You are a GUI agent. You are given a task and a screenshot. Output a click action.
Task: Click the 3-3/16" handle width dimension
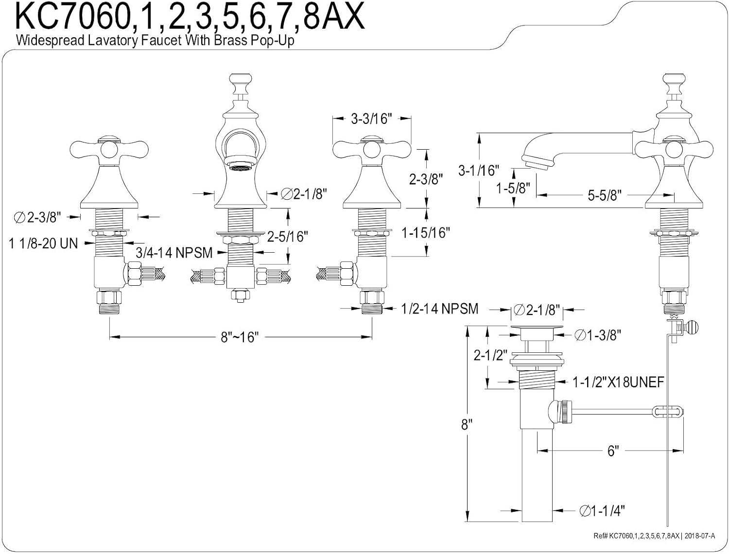[x=372, y=119]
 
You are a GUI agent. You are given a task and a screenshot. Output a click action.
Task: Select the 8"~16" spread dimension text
[x=240, y=338]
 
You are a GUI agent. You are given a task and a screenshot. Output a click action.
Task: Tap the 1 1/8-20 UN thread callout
[x=43, y=243]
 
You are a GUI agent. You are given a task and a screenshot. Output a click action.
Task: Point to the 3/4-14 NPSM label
[x=174, y=253]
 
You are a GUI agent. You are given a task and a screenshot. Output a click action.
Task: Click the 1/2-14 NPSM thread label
[x=440, y=309]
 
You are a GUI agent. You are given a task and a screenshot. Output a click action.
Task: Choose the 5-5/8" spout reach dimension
[x=605, y=195]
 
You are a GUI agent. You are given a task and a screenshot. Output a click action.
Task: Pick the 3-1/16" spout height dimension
[x=479, y=171]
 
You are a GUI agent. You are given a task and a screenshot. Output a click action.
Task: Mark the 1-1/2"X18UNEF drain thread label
[x=618, y=382]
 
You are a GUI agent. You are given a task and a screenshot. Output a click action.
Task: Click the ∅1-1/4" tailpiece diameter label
[x=602, y=511]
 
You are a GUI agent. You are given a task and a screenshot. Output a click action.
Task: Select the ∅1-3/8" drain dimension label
[x=598, y=335]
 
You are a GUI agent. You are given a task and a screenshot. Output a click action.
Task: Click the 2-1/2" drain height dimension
[x=490, y=356]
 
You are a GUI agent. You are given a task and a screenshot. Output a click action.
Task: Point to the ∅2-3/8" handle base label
[x=37, y=217]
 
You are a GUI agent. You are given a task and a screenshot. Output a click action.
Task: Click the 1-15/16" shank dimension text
[x=426, y=233]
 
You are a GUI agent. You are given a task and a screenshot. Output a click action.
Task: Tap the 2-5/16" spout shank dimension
[x=288, y=237]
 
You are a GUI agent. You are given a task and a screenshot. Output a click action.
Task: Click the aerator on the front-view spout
[x=240, y=164]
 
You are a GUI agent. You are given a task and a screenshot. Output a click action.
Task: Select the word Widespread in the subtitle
[x=50, y=40]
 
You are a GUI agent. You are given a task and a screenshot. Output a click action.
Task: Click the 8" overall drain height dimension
[x=466, y=425]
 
